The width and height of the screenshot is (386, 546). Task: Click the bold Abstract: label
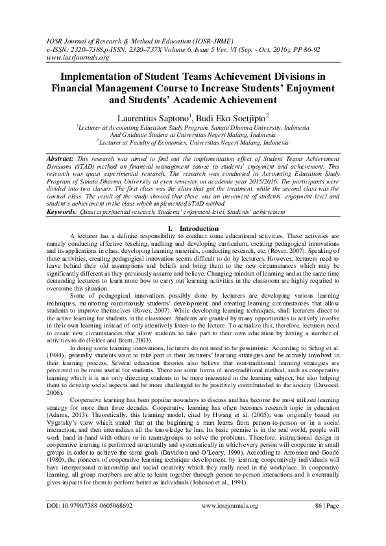pos(64,158)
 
